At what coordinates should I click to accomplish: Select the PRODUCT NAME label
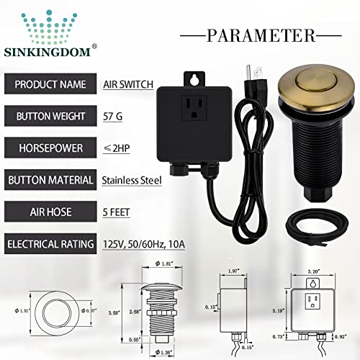pos(48,84)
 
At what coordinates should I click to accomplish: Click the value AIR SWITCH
pos(129,84)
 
